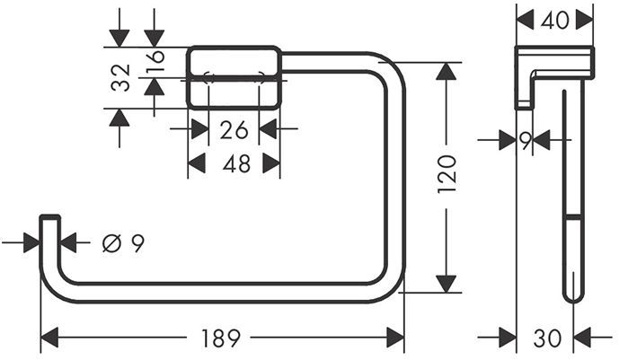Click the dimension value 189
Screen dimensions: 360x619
point(220,338)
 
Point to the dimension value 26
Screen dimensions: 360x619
point(234,130)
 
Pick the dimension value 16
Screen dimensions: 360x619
point(155,61)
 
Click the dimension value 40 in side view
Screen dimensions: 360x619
point(556,19)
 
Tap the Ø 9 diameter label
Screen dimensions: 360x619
point(123,242)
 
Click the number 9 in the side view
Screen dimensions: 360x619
point(526,139)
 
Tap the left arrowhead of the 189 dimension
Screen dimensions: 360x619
point(50,338)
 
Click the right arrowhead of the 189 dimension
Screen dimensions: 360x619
point(394,338)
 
